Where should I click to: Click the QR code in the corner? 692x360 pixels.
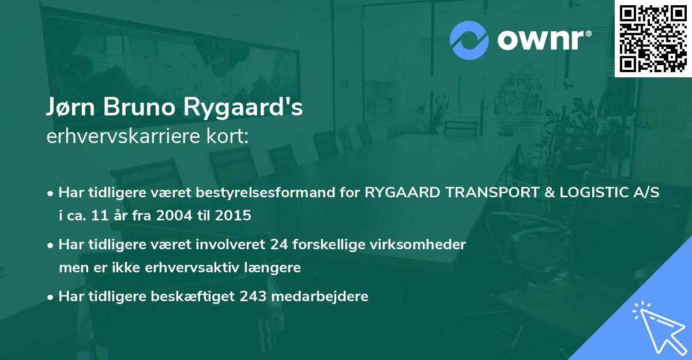click(653, 38)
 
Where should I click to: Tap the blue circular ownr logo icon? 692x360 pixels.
click(470, 40)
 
